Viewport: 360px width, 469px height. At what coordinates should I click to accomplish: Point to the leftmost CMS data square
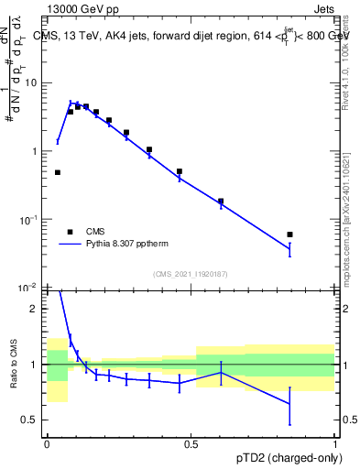click(x=58, y=172)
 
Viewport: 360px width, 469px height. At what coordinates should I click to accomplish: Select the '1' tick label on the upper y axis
click(x=37, y=151)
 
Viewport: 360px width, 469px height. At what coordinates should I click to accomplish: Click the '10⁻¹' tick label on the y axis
click(x=32, y=219)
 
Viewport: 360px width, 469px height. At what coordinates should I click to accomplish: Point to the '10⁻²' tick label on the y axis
click(x=32, y=288)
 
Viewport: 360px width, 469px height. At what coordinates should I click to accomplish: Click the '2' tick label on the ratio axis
click(x=38, y=309)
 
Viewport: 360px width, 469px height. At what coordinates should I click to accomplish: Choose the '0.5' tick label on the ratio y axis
click(x=33, y=420)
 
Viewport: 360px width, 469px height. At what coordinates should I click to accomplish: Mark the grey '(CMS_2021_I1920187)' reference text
click(x=191, y=274)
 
